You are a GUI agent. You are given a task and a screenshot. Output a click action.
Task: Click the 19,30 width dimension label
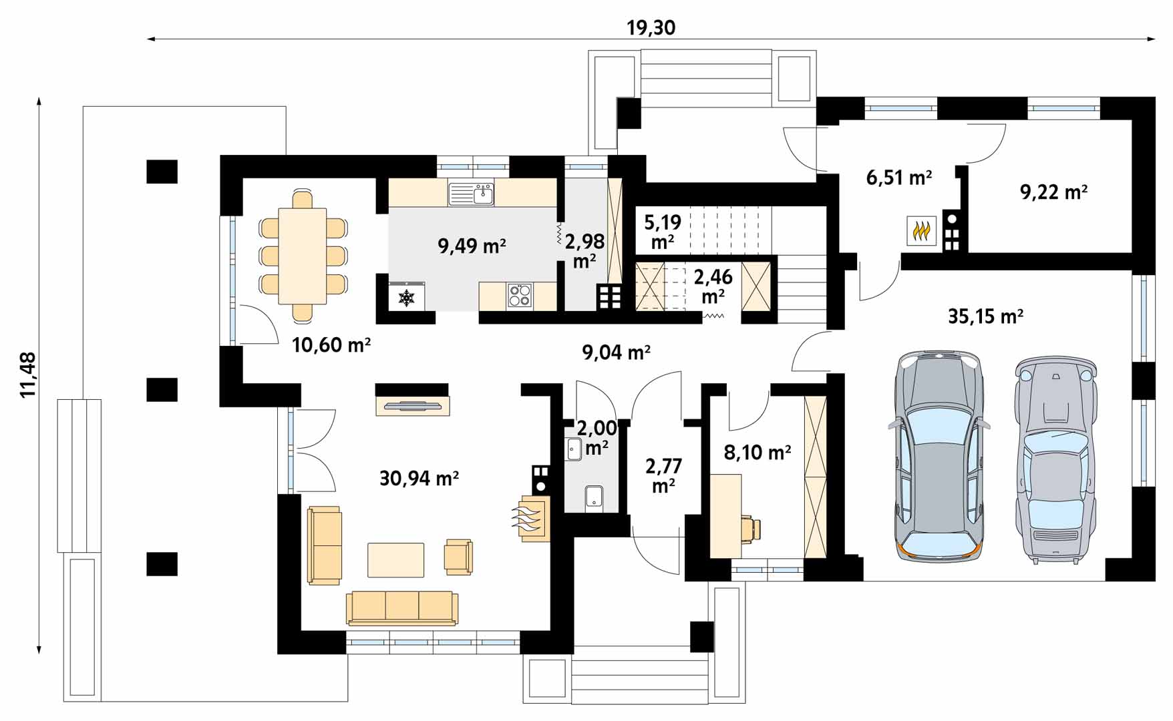pyautogui.click(x=651, y=27)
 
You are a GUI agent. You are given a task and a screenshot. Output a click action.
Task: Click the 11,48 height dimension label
pyautogui.click(x=28, y=375)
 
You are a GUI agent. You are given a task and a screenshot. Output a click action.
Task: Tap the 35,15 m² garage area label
pyautogui.click(x=986, y=316)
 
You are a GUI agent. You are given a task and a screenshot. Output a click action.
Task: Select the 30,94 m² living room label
pyautogui.click(x=419, y=478)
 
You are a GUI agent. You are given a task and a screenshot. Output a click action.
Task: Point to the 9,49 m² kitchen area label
pyautogui.click(x=472, y=246)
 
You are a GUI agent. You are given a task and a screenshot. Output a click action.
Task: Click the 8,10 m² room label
pyautogui.click(x=758, y=453)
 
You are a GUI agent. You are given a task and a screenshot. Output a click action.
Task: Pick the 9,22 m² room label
pyautogui.click(x=1053, y=192)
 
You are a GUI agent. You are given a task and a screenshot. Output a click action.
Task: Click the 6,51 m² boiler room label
pyautogui.click(x=899, y=178)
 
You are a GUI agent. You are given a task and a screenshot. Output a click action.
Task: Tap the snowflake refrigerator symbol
pyautogui.click(x=407, y=297)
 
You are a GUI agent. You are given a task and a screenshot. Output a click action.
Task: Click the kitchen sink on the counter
pyautogui.click(x=472, y=194)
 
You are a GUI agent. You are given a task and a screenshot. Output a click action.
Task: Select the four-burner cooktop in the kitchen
pyautogui.click(x=519, y=295)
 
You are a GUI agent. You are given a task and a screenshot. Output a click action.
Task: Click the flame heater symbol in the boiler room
pyautogui.click(x=922, y=231)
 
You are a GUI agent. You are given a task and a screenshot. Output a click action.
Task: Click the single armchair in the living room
pyautogui.click(x=459, y=557)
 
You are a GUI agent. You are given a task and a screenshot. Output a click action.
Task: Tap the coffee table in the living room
pyautogui.click(x=395, y=560)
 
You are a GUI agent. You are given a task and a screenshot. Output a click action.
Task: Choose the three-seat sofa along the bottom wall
pyautogui.click(x=402, y=608)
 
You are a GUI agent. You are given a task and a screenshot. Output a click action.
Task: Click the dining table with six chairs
pyautogui.click(x=303, y=256)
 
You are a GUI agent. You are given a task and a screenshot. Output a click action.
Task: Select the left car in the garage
pyautogui.click(x=939, y=455)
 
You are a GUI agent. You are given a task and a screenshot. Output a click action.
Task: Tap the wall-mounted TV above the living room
pyautogui.click(x=412, y=405)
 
